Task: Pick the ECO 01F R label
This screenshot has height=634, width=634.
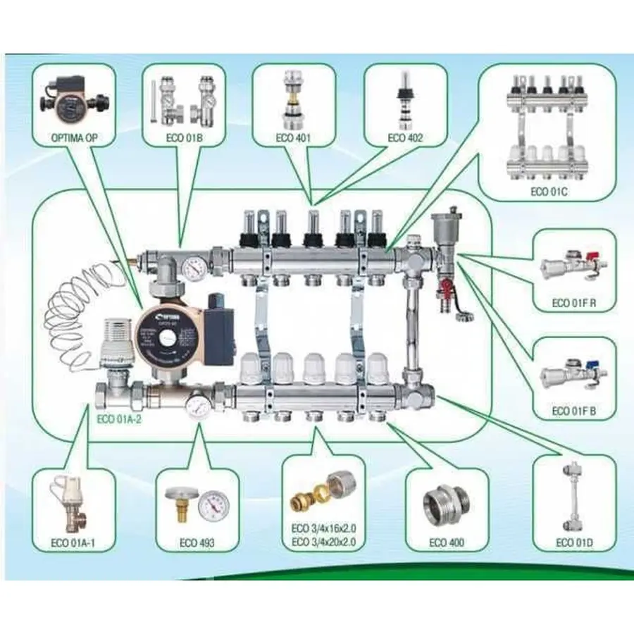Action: click(x=574, y=304)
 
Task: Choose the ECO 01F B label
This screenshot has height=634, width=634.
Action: click(x=574, y=411)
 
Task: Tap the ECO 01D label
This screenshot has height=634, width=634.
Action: click(x=574, y=542)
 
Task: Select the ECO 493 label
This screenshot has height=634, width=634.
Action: click(x=197, y=542)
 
